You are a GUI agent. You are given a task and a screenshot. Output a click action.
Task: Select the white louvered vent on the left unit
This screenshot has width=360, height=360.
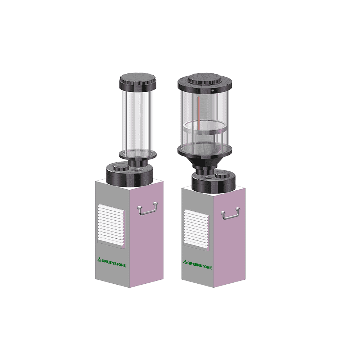tap(111, 225)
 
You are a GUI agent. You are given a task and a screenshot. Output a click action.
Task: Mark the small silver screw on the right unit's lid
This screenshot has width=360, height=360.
tap(213, 90)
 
